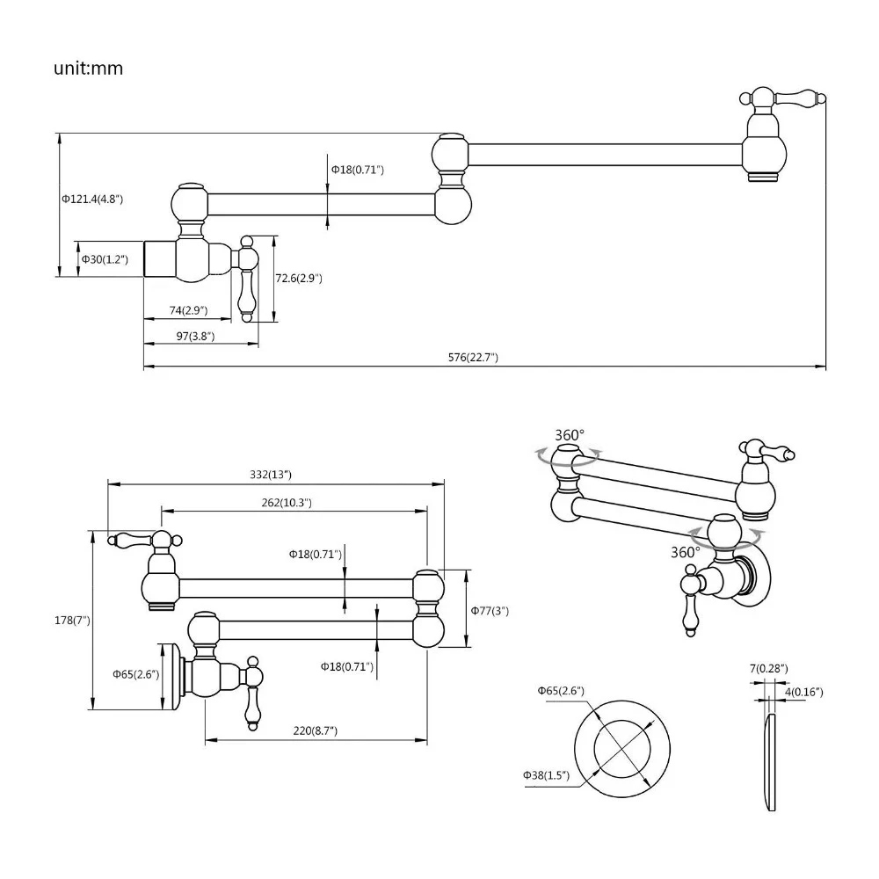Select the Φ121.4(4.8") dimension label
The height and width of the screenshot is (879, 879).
click(x=92, y=199)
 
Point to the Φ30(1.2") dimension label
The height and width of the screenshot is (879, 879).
click(x=105, y=258)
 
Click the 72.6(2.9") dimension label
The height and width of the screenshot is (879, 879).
click(x=299, y=278)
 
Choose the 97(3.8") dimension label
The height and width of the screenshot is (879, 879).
click(x=195, y=336)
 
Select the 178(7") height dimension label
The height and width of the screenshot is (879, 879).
click(x=71, y=621)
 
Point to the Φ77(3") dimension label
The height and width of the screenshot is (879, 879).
click(x=490, y=610)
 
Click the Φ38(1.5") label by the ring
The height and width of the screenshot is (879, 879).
click(x=546, y=774)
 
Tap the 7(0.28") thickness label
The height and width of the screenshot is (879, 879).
click(x=769, y=669)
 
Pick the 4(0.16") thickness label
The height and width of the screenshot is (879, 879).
click(x=803, y=692)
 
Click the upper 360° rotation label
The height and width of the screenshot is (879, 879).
click(x=570, y=435)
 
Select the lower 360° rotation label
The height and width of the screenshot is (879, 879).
click(x=685, y=552)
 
